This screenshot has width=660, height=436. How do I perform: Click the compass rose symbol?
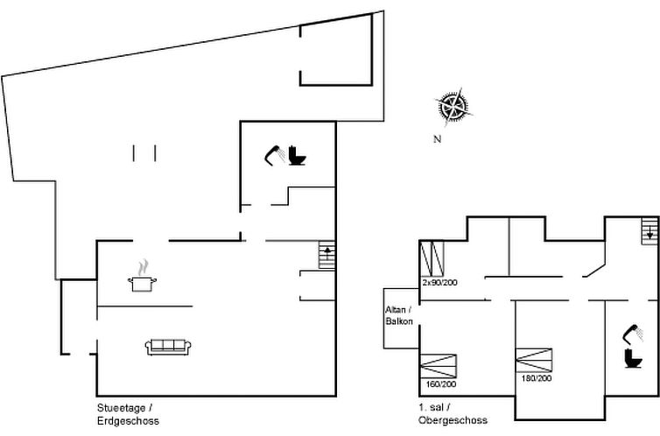point(453,107)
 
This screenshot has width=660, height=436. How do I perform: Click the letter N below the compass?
point(436,139)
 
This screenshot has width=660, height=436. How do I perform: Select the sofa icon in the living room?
point(168,347)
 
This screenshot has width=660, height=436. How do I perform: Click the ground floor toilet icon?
point(297,157)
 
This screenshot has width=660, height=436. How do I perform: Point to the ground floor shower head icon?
point(273,154)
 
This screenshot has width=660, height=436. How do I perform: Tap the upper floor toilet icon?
point(628,358)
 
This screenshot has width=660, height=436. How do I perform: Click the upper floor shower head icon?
point(628,334)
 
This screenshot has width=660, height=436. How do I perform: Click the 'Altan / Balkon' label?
point(398,315)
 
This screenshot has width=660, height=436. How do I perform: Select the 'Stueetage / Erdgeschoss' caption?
point(128,414)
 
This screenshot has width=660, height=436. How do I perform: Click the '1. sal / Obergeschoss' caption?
point(449,414)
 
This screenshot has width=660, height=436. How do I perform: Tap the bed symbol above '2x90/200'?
point(433,259)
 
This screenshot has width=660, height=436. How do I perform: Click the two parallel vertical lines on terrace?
point(144,153)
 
